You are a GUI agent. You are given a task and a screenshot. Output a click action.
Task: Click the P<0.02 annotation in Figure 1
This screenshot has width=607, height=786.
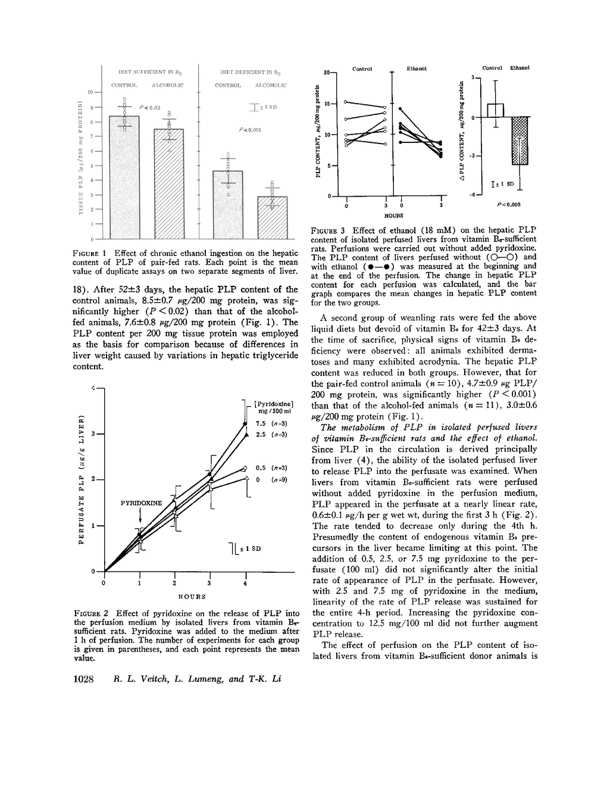coord(148,107)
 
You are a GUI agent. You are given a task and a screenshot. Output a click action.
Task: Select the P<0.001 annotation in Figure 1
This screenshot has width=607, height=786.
coord(249,129)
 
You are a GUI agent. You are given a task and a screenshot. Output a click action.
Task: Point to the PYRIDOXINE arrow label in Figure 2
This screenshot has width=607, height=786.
coord(141,503)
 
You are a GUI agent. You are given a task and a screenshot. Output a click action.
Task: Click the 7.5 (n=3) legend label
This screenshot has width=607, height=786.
coord(271,423)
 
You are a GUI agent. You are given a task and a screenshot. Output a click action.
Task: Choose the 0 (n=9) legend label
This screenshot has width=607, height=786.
coord(271,479)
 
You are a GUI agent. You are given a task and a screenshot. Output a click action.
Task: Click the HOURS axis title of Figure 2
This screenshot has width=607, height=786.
coord(192,596)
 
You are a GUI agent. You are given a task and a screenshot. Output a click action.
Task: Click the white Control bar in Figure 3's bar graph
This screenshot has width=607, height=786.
coord(496,111)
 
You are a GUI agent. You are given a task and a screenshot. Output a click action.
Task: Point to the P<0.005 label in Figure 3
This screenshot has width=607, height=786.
coord(509,204)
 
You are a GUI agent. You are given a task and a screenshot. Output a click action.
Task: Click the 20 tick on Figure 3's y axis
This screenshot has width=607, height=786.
coord(326,73)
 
